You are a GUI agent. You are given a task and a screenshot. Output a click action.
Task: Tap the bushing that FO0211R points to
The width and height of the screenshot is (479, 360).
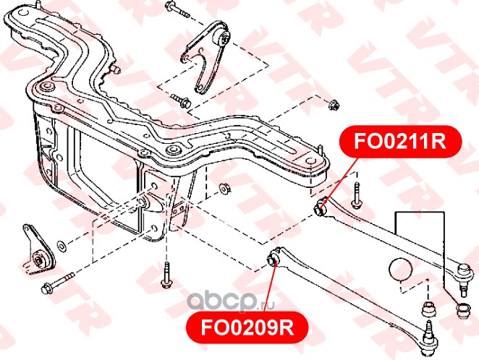click(323, 210)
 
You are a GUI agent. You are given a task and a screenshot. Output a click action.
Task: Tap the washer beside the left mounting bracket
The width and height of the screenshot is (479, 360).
click(60, 243)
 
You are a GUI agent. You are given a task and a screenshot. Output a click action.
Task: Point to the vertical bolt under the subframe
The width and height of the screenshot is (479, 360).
click(166, 274)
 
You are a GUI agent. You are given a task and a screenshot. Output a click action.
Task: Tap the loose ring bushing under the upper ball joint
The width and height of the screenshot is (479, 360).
click(458, 311)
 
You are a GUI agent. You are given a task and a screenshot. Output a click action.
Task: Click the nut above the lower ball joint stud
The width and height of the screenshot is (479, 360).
click(428, 312)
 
